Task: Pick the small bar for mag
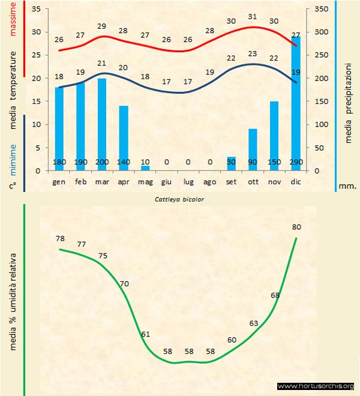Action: [145, 168]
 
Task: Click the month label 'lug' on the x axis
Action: [188, 181]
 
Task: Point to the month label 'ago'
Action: [209, 181]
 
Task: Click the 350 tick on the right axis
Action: [322, 10]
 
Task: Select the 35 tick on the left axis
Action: [35, 10]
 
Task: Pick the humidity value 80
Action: [296, 227]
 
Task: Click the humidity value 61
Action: [145, 334]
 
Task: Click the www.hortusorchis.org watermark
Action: [316, 386]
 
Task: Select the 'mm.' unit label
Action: [347, 186]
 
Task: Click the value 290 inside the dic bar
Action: [295, 162]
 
